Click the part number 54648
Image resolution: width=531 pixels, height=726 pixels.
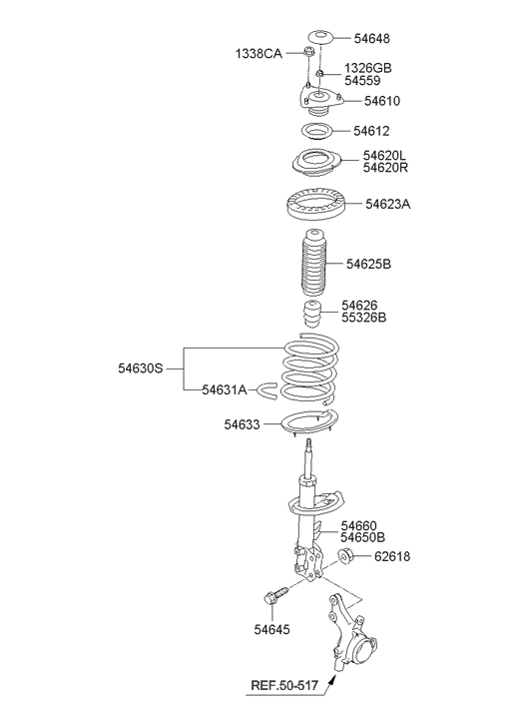click(371, 38)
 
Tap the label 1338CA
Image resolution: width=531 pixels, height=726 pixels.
click(259, 54)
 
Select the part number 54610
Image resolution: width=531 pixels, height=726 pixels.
click(382, 101)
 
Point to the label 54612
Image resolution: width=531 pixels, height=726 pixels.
click(371, 131)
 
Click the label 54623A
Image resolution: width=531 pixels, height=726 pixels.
click(387, 204)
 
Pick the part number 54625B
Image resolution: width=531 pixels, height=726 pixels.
click(368, 264)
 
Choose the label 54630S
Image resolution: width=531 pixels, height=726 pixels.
click(141, 368)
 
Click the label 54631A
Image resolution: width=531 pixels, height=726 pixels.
click(224, 389)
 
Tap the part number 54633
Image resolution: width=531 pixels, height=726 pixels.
click(243, 424)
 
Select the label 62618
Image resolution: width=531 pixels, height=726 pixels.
click(392, 556)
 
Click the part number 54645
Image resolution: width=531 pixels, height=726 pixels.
click(271, 629)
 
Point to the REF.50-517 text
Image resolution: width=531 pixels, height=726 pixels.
click(284, 685)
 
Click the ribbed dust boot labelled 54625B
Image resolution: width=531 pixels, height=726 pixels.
click(313, 264)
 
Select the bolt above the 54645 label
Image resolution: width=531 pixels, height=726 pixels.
click(275, 596)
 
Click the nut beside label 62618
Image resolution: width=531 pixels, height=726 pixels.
click(346, 555)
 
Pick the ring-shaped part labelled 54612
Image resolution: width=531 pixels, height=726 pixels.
click(317, 131)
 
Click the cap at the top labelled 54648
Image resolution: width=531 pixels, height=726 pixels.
click(319, 38)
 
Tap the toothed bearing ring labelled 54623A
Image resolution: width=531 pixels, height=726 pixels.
click(315, 204)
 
